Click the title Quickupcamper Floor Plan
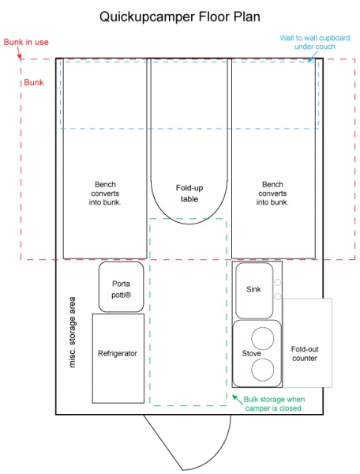click(180, 17)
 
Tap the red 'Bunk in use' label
click(26, 42)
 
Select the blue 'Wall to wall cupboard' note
click(315, 43)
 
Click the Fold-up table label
click(189, 194)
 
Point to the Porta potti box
click(121, 287)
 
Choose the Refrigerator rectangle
click(118, 358)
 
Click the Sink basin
click(254, 291)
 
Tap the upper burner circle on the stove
click(263, 338)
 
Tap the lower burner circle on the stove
click(263, 370)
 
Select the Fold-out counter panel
click(308, 343)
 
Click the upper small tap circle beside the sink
click(277, 282)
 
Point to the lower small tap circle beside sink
click(277, 296)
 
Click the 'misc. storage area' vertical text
click(72, 332)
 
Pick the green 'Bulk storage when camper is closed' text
click(274, 404)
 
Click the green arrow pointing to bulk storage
click(238, 399)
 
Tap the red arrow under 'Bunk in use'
click(19, 54)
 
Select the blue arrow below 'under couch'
click(313, 56)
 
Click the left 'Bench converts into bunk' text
click(105, 194)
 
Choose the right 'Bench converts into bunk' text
click(272, 194)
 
